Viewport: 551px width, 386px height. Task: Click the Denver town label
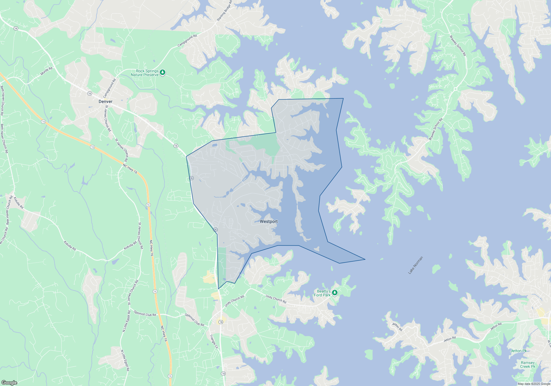[106, 101]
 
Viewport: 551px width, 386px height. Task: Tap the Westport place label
[269, 221]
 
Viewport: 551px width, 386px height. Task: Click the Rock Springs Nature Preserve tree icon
[163, 73]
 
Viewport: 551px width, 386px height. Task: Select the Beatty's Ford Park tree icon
[335, 293]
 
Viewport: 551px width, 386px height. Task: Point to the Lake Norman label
[415, 265]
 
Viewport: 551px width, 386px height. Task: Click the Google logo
[9, 383]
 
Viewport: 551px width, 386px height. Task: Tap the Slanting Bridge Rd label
[225, 11]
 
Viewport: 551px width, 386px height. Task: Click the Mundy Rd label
[46, 71]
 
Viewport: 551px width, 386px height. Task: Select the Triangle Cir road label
[214, 342]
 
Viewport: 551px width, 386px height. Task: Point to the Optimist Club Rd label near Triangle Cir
[195, 320]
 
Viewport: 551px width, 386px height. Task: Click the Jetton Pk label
[518, 351]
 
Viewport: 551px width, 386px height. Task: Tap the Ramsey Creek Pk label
[528, 364]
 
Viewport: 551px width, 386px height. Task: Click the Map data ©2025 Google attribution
[534, 384]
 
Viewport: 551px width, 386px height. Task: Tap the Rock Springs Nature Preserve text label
[145, 73]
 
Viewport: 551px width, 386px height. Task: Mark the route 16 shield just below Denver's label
[90, 93]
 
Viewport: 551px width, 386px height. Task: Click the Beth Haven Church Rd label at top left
[2, 100]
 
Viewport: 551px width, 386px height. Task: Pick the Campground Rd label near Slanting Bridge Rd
[187, 40]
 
